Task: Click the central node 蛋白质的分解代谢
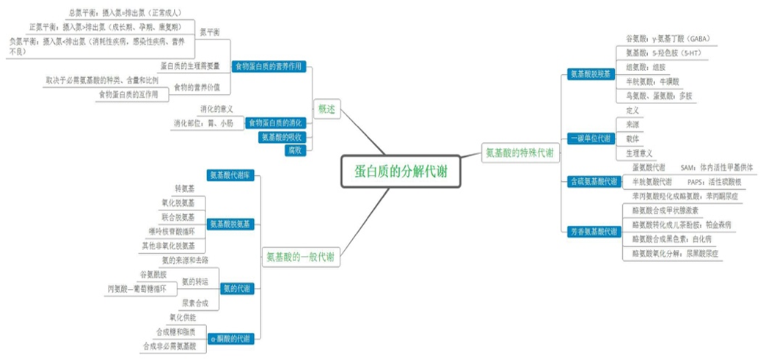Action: point(401,172)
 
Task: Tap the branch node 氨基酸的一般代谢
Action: point(299,257)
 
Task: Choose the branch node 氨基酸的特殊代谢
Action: point(519,153)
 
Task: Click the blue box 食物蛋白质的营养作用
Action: point(268,67)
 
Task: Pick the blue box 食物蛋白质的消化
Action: point(274,122)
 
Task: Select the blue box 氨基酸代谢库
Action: point(230,175)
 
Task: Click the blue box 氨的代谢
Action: point(236,289)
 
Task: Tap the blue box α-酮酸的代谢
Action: point(230,339)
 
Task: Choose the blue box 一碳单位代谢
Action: point(591,139)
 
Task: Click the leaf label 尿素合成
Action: point(194,303)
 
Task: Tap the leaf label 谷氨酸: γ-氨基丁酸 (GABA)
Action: point(668,39)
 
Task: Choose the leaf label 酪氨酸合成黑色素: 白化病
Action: point(671,239)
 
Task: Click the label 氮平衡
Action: point(209,32)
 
